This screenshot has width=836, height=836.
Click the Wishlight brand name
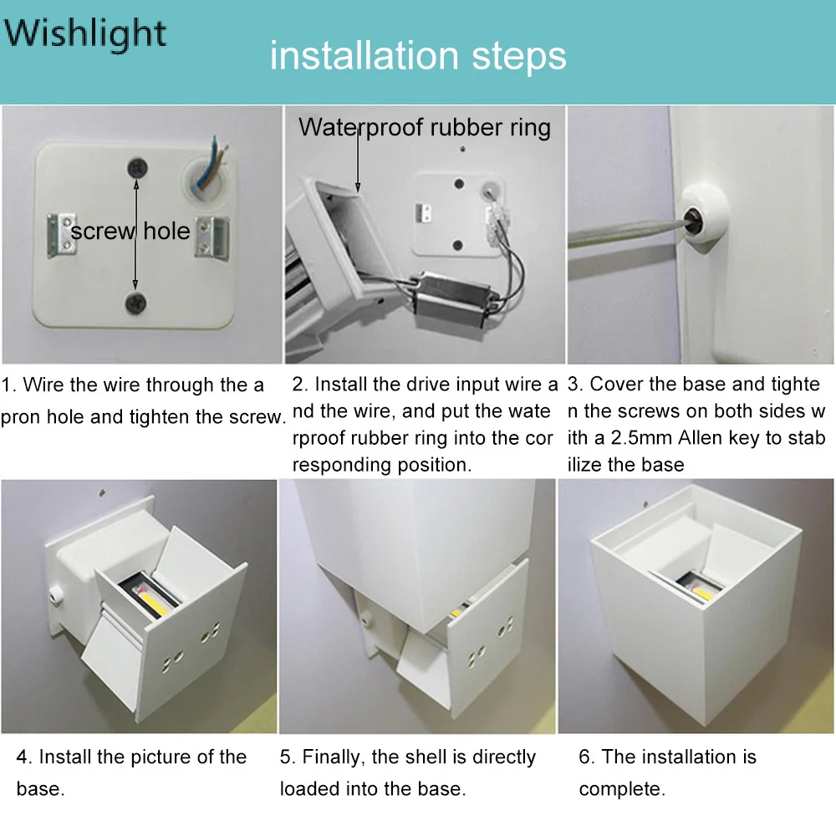[85, 34]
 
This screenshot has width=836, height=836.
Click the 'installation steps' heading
[417, 55]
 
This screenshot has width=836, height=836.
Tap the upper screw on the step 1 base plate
[137, 168]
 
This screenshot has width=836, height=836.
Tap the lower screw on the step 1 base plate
[135, 303]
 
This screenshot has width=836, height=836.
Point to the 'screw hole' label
[130, 231]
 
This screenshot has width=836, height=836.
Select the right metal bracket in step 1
[212, 237]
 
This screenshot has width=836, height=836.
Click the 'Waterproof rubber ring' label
[425, 128]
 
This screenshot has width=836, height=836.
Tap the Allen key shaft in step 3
[626, 233]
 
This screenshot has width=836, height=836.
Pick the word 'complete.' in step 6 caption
[622, 790]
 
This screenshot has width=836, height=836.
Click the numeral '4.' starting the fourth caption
[24, 757]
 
